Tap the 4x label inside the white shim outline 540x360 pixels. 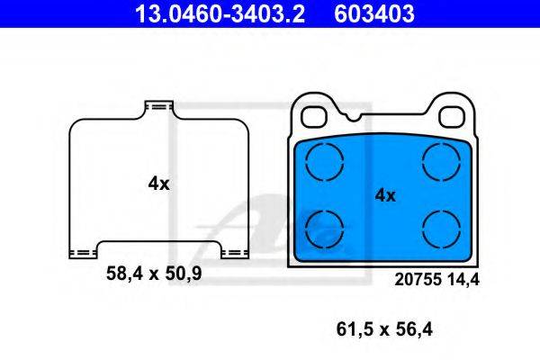[x=158, y=183]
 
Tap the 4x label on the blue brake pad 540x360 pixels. [x=385, y=194]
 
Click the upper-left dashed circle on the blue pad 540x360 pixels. [x=325, y=162]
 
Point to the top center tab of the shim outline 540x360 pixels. [x=158, y=107]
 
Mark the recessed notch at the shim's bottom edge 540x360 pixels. [x=159, y=243]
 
